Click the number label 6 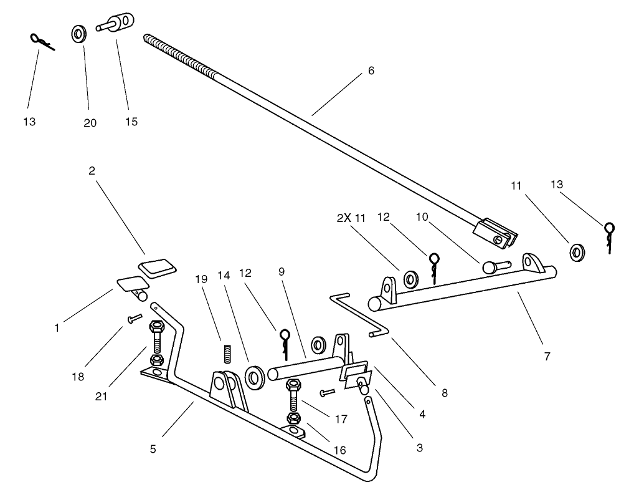point(371,70)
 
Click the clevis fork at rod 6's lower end point(496,233)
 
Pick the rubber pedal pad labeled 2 point(157,267)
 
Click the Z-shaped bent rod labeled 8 point(357,316)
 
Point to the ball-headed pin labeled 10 point(495,266)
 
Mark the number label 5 point(153,448)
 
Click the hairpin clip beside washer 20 point(41,41)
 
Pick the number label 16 point(339,450)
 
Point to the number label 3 point(419,447)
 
